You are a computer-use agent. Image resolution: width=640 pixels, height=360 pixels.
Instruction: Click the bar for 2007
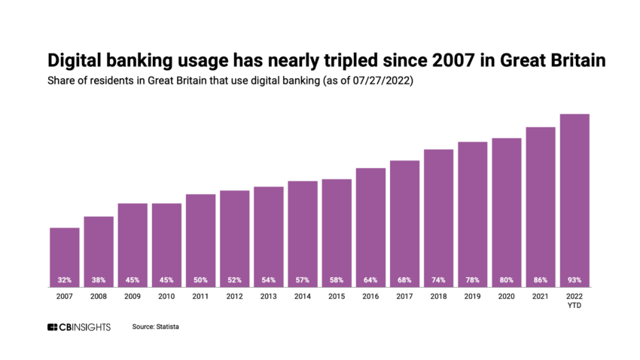pos(64,256)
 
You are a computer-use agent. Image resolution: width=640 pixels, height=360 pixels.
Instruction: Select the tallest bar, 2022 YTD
pos(574,200)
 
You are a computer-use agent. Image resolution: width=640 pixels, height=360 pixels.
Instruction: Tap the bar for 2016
pos(370,226)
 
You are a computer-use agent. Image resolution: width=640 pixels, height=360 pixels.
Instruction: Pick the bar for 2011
pos(200,239)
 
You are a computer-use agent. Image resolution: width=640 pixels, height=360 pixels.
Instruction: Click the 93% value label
pos(574,280)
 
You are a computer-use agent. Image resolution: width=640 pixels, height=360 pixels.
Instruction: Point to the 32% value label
pos(64,280)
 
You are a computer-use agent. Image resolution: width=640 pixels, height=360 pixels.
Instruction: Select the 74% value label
pos(438,280)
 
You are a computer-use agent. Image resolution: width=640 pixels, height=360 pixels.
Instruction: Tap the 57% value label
pos(302,280)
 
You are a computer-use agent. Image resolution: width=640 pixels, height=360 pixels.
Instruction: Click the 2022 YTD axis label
pos(574,301)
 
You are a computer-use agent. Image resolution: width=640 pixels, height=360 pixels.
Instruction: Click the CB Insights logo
pos(78,327)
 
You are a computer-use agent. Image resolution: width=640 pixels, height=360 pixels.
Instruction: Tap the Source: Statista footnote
pos(156,327)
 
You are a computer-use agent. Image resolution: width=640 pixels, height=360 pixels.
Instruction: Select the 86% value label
pos(540,280)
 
